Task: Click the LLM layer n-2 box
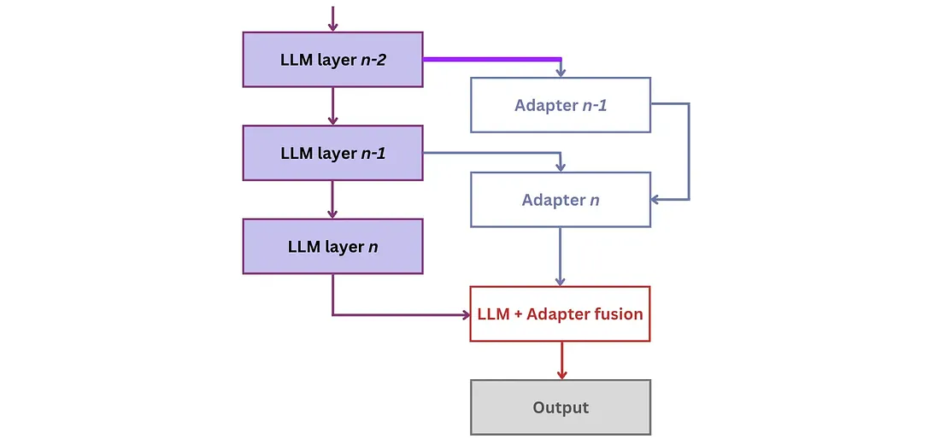[x=332, y=59]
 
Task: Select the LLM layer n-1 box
[x=332, y=153]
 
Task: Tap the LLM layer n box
[x=332, y=246]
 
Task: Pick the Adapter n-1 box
[x=561, y=105]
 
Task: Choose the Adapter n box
[x=561, y=200]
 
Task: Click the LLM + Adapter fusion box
[x=561, y=313]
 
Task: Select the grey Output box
[x=561, y=407]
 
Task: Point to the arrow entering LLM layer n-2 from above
[x=332, y=18]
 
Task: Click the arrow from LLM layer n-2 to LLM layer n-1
[x=332, y=106]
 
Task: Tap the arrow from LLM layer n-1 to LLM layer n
[x=332, y=200]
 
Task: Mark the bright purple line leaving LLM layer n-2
[x=492, y=59]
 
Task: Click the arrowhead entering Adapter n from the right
[x=656, y=200]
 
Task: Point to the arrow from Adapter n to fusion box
[x=561, y=256]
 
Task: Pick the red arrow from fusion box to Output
[x=561, y=360]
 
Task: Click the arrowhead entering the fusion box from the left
[x=465, y=314]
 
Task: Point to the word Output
[x=561, y=408]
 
